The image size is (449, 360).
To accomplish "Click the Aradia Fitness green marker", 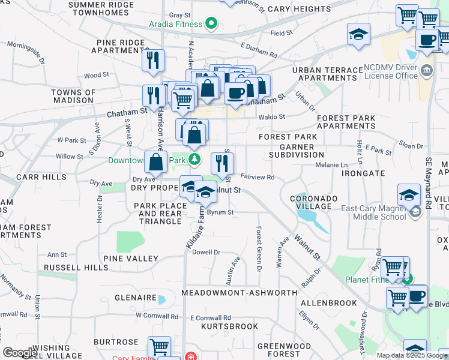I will (211, 25).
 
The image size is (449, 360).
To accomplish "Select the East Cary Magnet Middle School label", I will (373, 212).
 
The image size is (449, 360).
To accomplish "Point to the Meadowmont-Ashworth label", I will (239, 292).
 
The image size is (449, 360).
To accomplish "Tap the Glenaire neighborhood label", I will (136, 298).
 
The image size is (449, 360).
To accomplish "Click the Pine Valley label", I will (131, 259).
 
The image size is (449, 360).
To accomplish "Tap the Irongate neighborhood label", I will (363, 173).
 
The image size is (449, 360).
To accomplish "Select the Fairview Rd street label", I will (258, 178).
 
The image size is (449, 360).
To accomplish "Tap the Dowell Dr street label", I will (206, 253).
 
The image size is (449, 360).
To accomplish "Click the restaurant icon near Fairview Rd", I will (222, 162).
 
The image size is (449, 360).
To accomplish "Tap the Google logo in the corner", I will (20, 352).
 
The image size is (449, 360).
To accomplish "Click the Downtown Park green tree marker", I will (194, 160).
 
